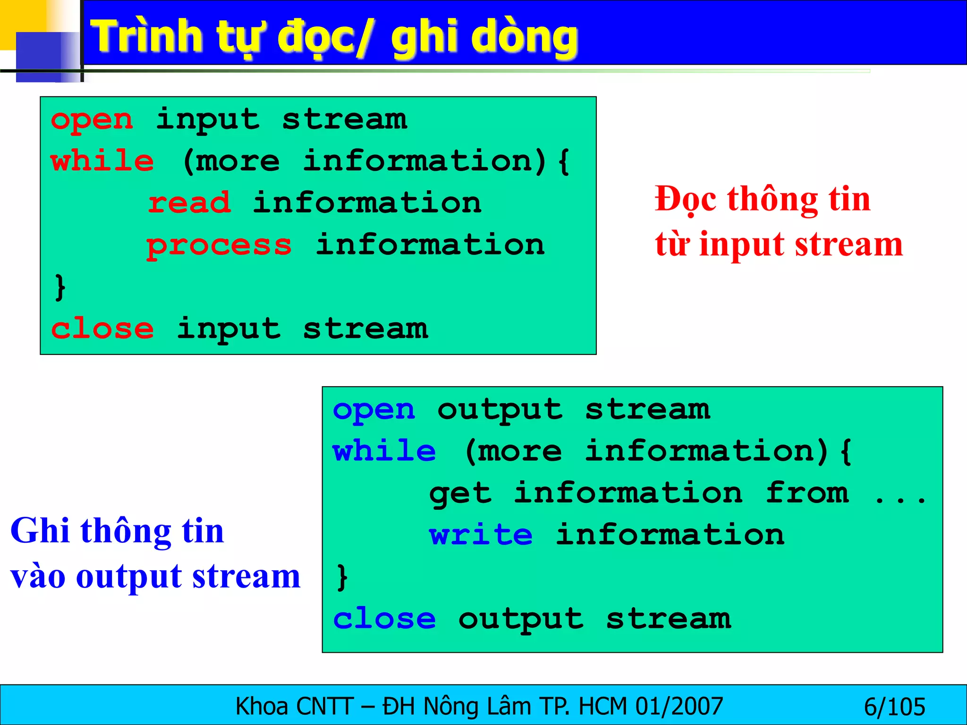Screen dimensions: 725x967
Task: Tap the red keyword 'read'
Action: coord(189,203)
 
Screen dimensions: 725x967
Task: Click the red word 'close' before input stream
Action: coord(102,329)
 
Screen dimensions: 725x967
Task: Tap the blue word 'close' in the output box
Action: coord(384,619)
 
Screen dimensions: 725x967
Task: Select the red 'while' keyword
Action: coord(102,161)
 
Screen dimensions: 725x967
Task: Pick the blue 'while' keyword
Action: coord(384,451)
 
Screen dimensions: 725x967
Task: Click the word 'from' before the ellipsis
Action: coord(807,494)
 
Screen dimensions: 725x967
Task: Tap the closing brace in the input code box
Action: coord(60,287)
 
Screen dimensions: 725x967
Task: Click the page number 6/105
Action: coord(894,707)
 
